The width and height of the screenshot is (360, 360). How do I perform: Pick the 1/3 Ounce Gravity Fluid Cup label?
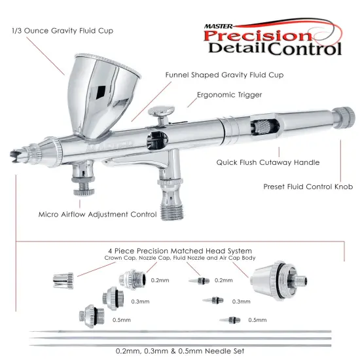coord(54,31)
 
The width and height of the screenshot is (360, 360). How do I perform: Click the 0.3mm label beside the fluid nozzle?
coord(241,302)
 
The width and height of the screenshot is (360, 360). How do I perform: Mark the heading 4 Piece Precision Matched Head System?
coord(181,251)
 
